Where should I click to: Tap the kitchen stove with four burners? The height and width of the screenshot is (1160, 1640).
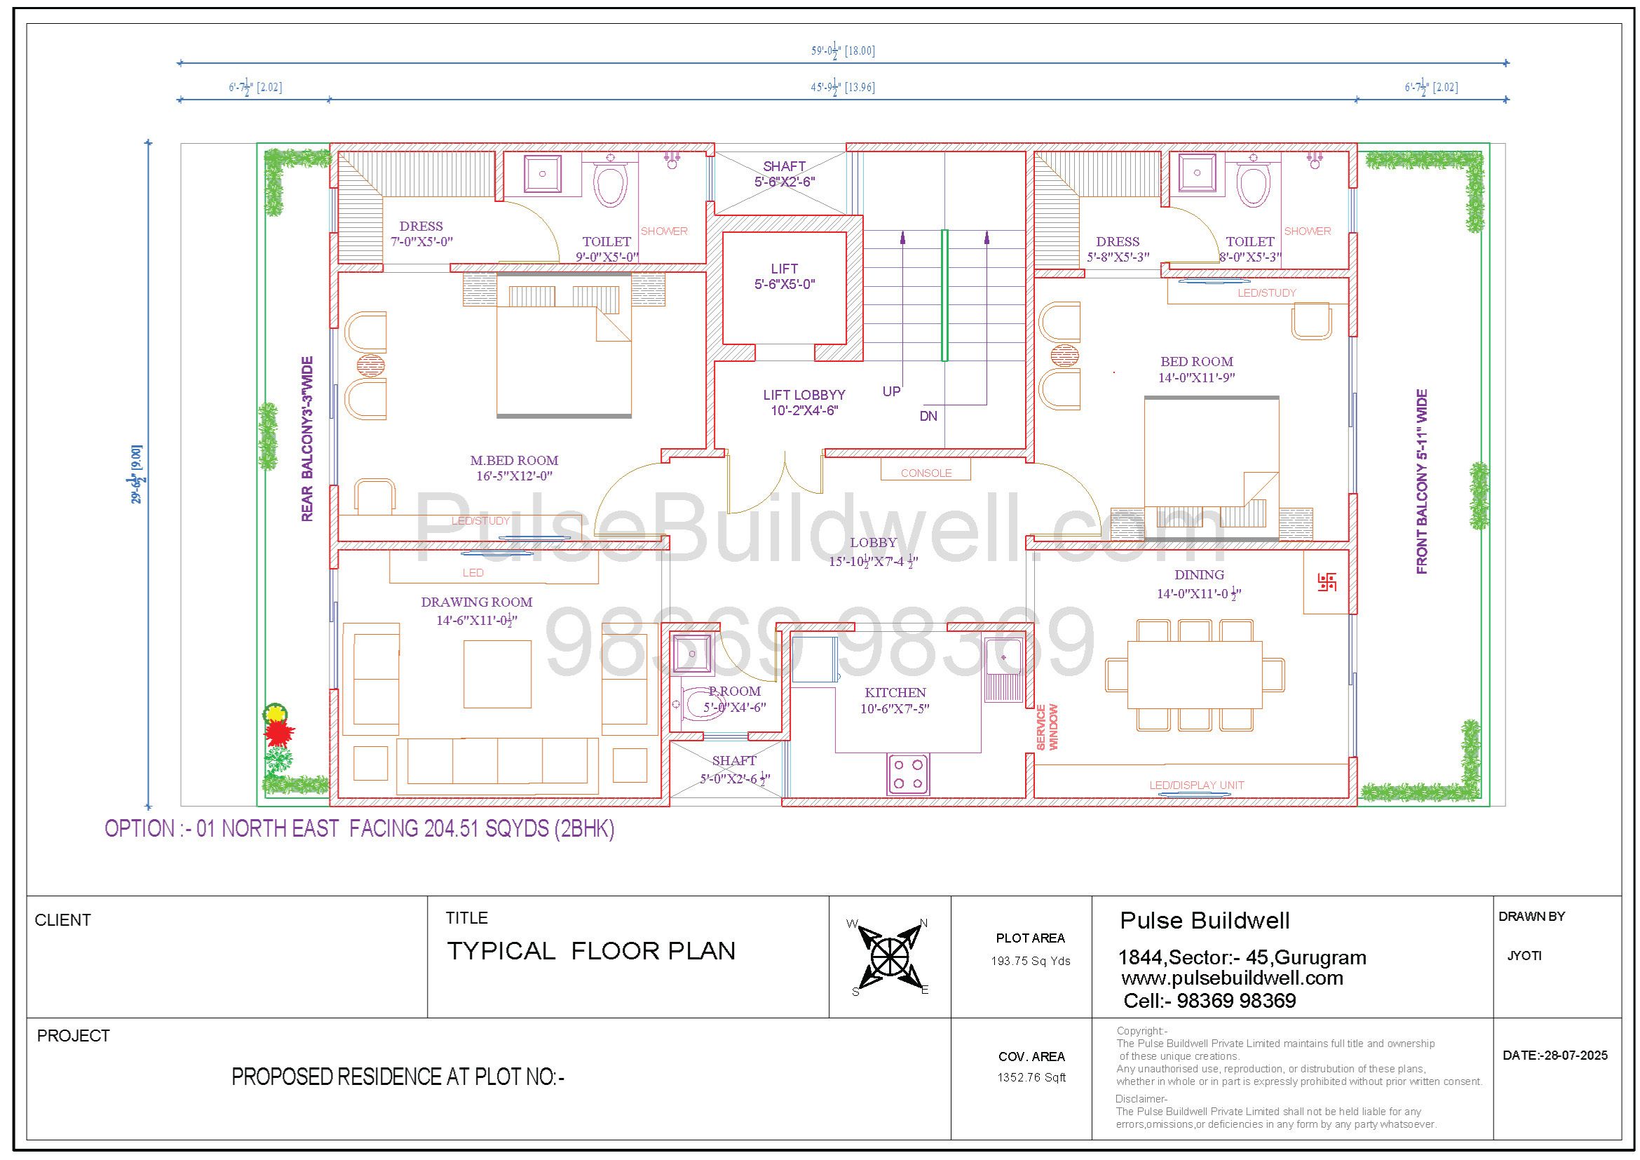[908, 774]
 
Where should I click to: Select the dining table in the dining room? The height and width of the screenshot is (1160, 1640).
[1195, 674]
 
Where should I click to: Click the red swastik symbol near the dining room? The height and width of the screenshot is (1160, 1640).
[1327, 582]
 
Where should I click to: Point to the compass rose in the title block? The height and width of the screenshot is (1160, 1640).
[889, 956]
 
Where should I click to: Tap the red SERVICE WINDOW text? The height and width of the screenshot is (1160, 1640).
[1046, 727]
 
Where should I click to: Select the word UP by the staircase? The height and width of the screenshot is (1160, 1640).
[891, 391]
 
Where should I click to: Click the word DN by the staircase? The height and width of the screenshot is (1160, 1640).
[928, 416]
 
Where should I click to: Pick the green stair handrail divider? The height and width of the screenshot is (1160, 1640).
[944, 295]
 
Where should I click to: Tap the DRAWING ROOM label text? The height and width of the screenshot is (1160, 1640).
[476, 602]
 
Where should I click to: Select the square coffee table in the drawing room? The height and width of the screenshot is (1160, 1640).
[497, 673]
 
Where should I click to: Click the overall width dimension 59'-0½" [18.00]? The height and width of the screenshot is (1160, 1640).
[843, 50]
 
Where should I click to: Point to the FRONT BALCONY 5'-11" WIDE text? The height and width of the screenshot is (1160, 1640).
[1421, 481]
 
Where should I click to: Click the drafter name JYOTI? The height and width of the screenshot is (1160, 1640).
[1524, 956]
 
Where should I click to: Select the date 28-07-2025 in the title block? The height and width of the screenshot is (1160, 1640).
[1575, 1055]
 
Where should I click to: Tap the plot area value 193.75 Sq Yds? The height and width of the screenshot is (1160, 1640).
[1031, 961]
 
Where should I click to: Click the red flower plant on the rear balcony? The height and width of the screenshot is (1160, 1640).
[279, 732]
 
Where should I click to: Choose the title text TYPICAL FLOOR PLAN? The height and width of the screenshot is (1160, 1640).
[590, 951]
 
